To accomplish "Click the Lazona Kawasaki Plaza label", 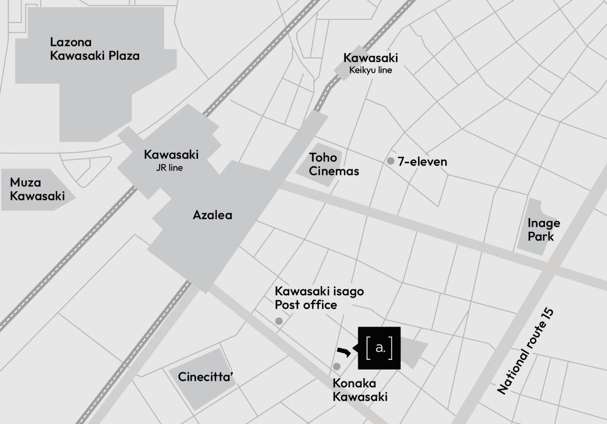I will (x=95, y=49).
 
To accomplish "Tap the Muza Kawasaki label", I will (x=37, y=189).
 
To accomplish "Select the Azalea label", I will (x=212, y=215).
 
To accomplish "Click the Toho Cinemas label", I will (x=334, y=164).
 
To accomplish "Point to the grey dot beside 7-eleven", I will (x=391, y=161).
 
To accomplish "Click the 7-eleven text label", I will (x=422, y=162).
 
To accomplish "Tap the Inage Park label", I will (x=544, y=230).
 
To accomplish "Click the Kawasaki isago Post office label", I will (x=319, y=298).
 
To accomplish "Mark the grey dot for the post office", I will (x=278, y=321).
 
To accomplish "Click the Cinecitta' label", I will (x=206, y=377).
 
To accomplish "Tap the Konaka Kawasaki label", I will (x=360, y=390).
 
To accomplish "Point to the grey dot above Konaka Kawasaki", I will (x=337, y=367).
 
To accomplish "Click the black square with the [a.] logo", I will (x=379, y=348).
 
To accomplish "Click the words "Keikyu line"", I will (x=370, y=70).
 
